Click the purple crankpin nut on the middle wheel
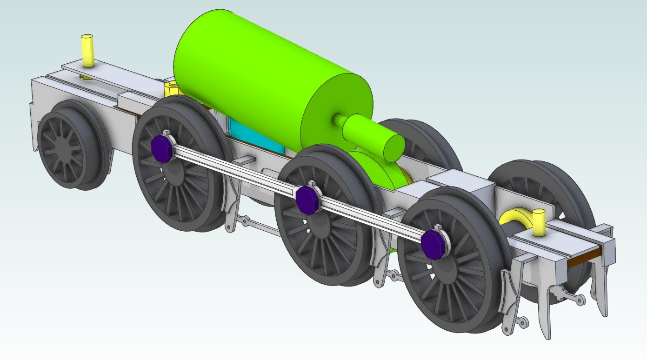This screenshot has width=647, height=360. [x=306, y=200]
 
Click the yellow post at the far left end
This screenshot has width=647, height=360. [x=87, y=50]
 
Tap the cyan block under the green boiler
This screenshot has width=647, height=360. [x=256, y=138]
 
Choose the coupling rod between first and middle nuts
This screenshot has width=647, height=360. [x=233, y=170]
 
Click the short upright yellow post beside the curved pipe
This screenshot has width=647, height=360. [x=538, y=222]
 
